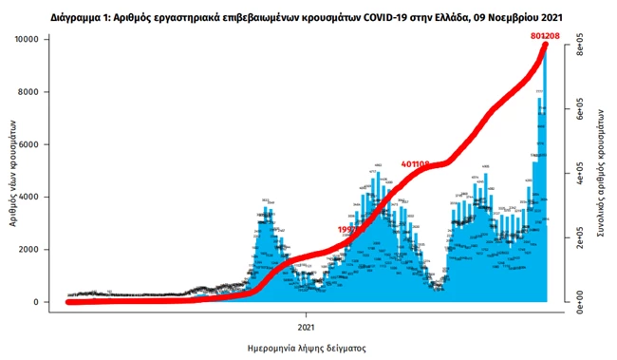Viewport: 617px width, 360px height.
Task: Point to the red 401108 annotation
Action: (x=416, y=164)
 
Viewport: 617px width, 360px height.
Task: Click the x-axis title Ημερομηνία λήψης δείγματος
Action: (x=306, y=348)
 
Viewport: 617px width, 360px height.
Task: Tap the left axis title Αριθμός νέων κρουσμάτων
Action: (x=15, y=171)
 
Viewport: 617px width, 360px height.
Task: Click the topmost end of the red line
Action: (x=546, y=46)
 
